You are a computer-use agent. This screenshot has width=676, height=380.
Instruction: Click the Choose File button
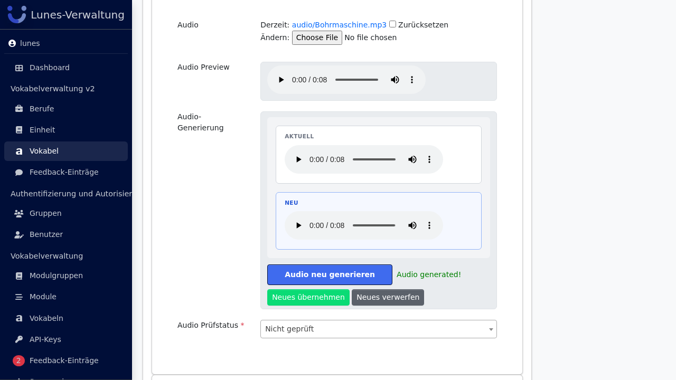pyautogui.click(x=317, y=37)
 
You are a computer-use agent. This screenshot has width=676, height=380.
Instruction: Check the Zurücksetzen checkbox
pyautogui.click(x=392, y=24)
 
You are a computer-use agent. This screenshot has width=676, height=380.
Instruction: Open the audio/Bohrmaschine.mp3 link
pyautogui.click(x=339, y=25)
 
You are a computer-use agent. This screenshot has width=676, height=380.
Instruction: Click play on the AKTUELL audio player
pyautogui.click(x=298, y=159)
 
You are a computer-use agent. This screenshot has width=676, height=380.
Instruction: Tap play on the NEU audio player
pyautogui.click(x=298, y=225)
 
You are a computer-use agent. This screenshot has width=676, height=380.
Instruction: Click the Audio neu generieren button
pyautogui.click(x=330, y=275)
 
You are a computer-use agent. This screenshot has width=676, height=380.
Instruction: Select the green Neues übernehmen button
pyautogui.click(x=308, y=297)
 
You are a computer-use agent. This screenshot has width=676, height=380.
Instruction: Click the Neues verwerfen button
pyautogui.click(x=388, y=297)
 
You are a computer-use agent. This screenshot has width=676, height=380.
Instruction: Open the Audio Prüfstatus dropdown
pyautogui.click(x=379, y=329)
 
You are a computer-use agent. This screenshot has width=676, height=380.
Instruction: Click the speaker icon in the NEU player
pyautogui.click(x=412, y=225)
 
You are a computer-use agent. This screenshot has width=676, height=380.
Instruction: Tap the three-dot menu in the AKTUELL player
pyautogui.click(x=429, y=159)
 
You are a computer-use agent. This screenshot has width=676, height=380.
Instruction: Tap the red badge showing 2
pyautogui.click(x=18, y=360)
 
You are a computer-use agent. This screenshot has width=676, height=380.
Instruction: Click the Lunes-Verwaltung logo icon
pyautogui.click(x=17, y=14)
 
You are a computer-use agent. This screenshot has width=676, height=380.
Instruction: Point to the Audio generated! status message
pyautogui.click(x=428, y=275)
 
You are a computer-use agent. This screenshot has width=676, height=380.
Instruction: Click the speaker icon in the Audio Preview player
pyautogui.click(x=395, y=80)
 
